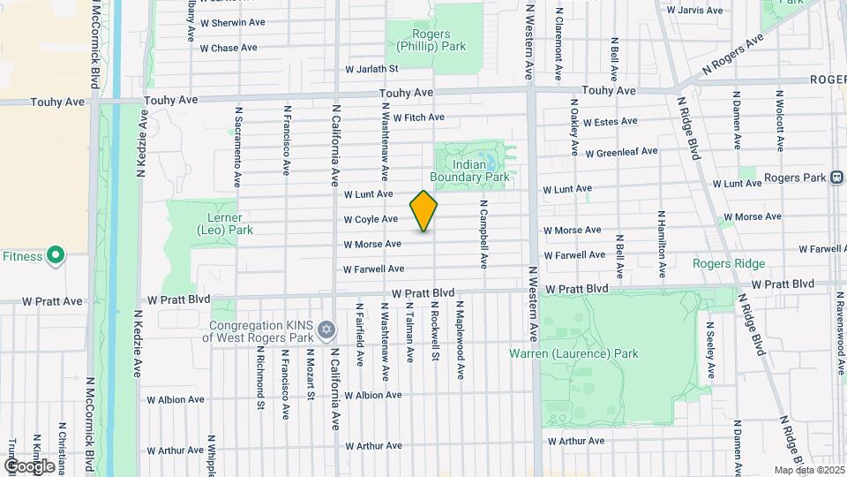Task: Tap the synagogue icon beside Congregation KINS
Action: tap(326, 330)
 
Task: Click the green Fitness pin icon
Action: tap(56, 256)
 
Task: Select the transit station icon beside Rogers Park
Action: tap(836, 178)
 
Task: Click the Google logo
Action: tap(29, 466)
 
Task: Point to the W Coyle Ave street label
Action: tap(371, 219)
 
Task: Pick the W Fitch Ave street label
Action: tap(418, 117)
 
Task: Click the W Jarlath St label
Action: tap(372, 68)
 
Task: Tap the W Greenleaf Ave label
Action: tap(621, 152)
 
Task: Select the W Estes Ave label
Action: tap(610, 121)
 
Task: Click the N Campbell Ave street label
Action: tap(483, 233)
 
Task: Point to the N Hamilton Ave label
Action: tap(661, 237)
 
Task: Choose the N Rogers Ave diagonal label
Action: tap(731, 55)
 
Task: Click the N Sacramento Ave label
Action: tap(237, 148)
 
